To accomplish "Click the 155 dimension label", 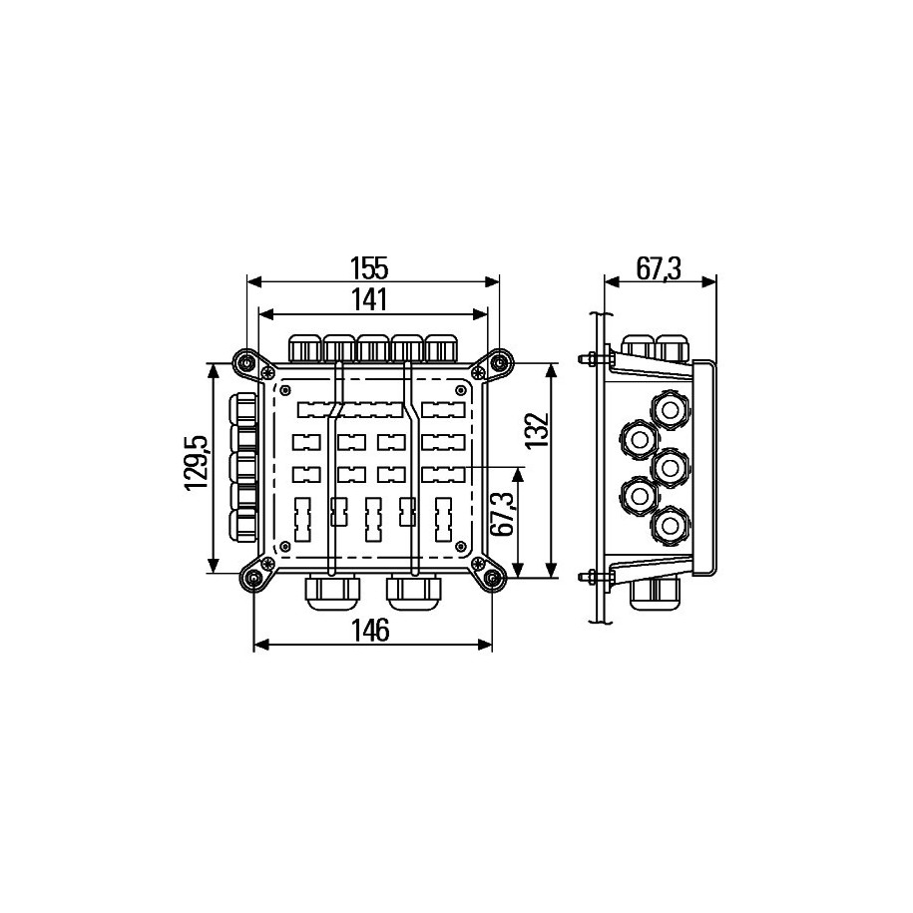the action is tap(368, 268).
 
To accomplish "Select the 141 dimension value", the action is tap(369, 300).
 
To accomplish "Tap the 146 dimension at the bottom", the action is tap(371, 630).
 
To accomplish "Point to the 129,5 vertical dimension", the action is tap(197, 463).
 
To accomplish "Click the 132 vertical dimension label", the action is tap(537, 430).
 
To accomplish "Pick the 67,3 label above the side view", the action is tap(658, 268).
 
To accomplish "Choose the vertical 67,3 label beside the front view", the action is tap(502, 514).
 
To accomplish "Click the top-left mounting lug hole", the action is tap(245, 363).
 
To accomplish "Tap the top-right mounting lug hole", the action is tap(500, 363).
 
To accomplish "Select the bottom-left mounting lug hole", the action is tap(253, 578).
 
